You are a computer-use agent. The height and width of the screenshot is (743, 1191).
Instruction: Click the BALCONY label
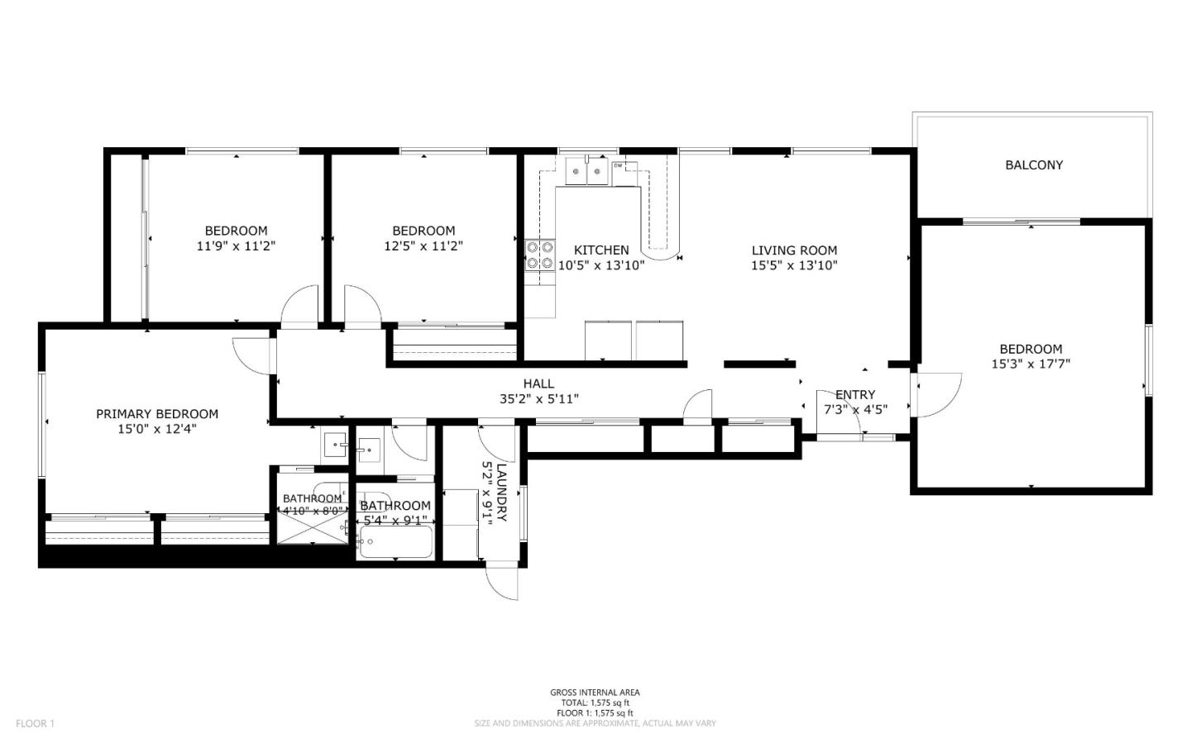1034,164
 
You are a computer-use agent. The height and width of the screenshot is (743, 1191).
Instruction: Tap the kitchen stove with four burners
540,255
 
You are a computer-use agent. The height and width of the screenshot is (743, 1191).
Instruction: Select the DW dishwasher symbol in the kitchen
624,174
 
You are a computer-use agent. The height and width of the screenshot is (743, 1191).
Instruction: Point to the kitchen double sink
586,171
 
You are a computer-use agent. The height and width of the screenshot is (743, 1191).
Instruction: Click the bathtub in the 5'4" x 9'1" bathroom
395,541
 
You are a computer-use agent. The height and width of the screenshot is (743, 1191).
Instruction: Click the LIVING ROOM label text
794,250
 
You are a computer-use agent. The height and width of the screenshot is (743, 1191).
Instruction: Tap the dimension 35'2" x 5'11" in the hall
539,398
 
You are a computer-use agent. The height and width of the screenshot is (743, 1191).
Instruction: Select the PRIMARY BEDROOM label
157,414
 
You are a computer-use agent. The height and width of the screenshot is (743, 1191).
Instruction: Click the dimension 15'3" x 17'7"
1031,364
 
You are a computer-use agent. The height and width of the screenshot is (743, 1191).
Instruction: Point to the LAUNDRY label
501,493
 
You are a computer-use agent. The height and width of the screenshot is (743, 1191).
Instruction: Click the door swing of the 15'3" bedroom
939,395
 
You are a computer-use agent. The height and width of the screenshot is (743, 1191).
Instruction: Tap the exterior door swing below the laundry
502,583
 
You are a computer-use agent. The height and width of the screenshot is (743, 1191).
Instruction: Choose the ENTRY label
855,395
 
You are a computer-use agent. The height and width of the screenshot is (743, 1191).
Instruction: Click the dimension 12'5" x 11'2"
423,246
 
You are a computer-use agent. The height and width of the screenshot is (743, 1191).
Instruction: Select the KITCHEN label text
601,250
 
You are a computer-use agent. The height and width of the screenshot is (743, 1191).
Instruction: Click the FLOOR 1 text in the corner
35,723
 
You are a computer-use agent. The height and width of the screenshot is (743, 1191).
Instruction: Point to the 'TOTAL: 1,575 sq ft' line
595,703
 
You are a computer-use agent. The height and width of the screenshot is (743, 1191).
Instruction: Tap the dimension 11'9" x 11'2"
236,246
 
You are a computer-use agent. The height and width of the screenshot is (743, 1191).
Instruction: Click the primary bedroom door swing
251,356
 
